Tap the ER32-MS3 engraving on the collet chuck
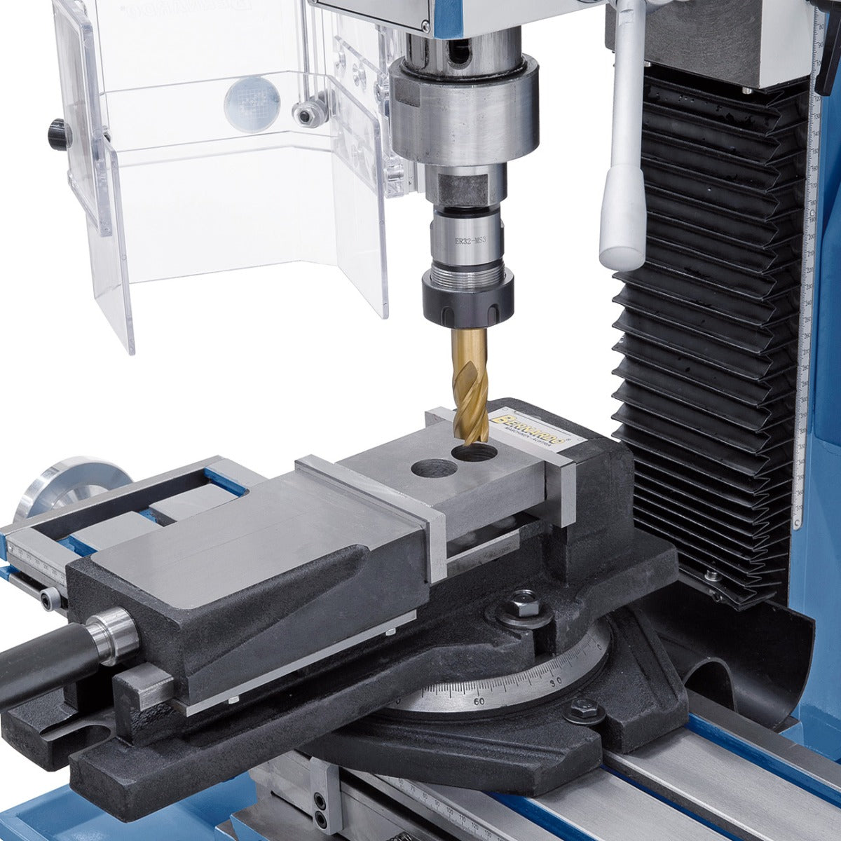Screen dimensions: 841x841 470,240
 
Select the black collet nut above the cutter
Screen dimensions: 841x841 467,297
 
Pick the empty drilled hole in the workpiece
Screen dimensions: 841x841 432,467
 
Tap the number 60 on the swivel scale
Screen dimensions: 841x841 479,700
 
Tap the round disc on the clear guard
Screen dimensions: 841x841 252,104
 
